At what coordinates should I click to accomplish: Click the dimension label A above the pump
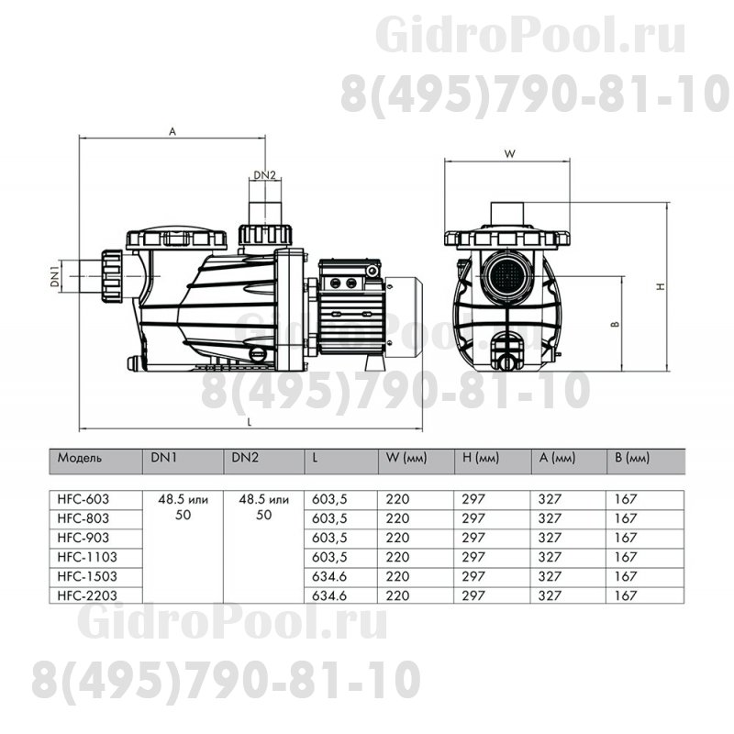point(172,131)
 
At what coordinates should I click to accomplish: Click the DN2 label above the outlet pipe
point(265,175)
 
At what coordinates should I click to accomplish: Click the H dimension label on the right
point(660,287)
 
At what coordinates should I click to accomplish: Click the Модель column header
point(80,457)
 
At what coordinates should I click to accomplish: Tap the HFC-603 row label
point(83,499)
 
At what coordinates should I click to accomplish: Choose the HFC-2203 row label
point(86,595)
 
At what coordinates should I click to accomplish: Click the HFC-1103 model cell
point(86,556)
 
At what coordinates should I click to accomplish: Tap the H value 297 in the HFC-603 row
point(474,499)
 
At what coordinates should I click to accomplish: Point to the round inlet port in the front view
point(507,274)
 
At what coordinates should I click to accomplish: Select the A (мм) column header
point(557,457)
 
